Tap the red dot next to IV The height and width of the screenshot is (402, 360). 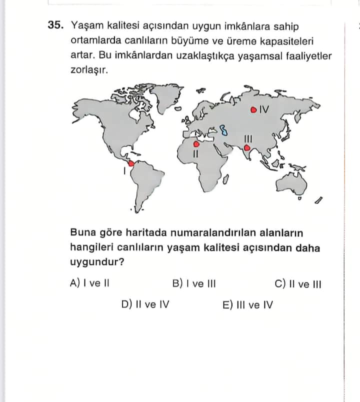coord(253,109)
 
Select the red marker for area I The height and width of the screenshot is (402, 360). coord(130,163)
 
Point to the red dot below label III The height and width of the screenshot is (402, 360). coord(246,147)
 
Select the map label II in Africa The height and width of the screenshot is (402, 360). coord(196,153)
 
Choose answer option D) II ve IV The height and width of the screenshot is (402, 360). coord(145,304)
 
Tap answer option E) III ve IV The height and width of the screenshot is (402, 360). coord(247,304)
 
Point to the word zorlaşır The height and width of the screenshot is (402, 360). coord(89,70)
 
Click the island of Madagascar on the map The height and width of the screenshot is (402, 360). coord(225,178)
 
